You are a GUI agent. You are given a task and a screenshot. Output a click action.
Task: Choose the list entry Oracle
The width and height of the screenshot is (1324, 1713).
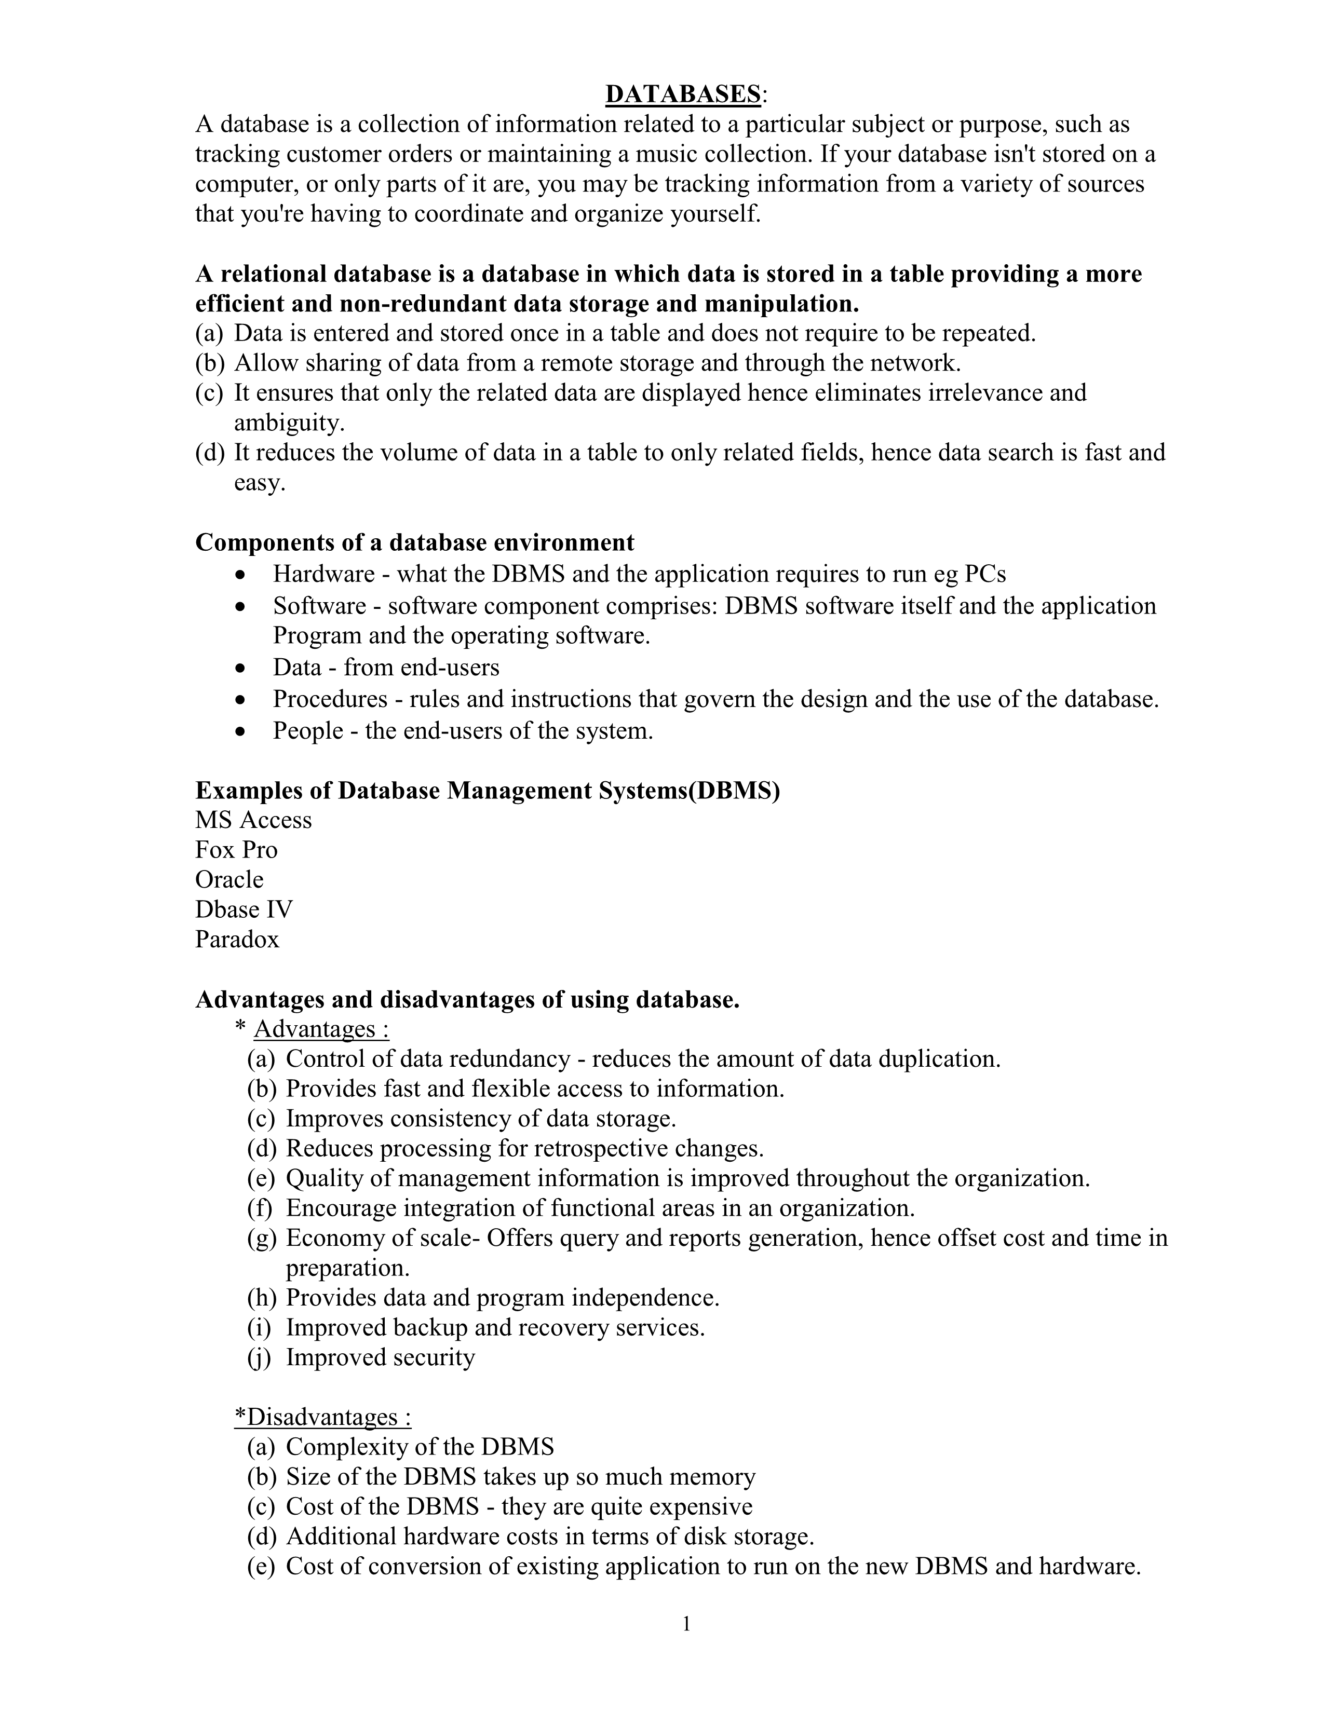(229, 879)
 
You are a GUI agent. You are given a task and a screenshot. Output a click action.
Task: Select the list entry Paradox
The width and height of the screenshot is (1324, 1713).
(237, 939)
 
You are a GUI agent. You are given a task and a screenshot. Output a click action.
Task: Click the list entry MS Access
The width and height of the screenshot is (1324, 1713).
(253, 820)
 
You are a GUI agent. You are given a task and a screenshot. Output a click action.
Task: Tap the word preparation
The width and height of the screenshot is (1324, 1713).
(347, 1268)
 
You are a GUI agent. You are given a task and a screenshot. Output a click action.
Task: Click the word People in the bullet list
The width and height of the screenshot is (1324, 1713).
(308, 731)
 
